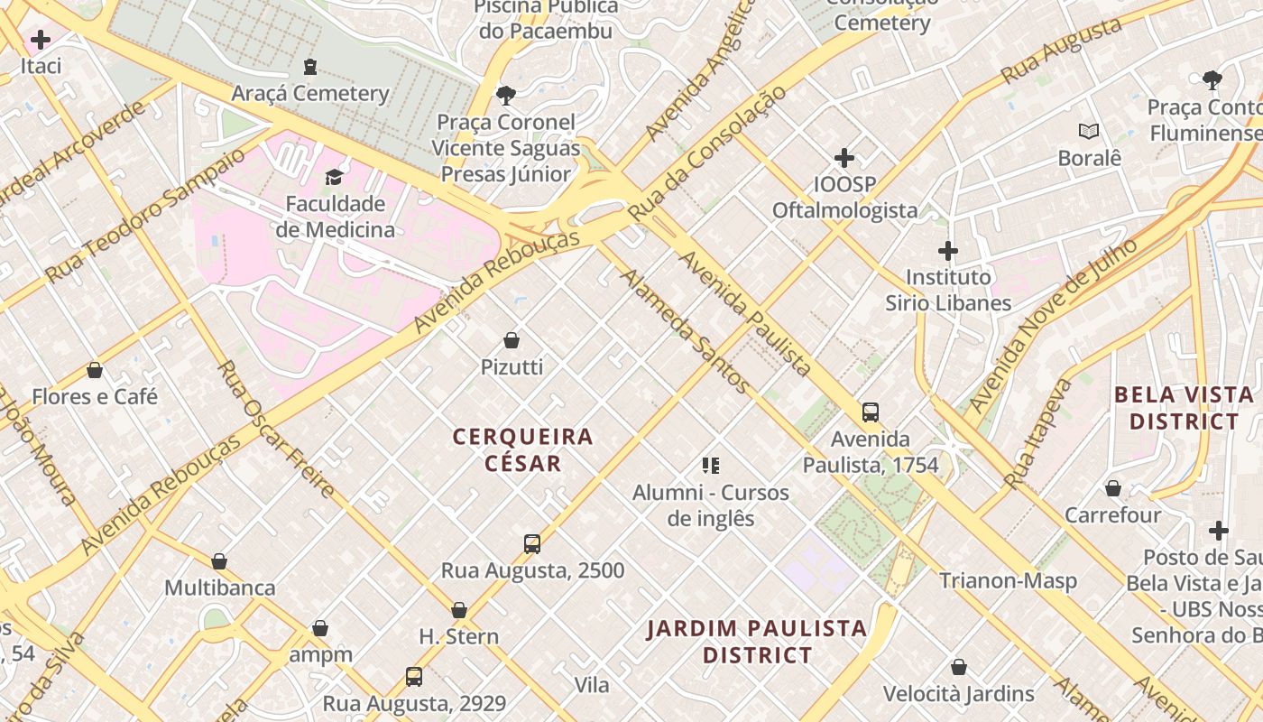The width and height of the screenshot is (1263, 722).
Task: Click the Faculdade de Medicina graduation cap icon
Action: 335,177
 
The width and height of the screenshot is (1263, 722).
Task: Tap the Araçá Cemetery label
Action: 310,93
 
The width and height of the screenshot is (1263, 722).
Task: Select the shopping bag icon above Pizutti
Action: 512,340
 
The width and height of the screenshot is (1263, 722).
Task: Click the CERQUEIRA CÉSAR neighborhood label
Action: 523,449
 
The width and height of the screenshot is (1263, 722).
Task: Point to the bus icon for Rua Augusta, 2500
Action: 532,544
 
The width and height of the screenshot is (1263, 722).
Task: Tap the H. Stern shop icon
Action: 459,611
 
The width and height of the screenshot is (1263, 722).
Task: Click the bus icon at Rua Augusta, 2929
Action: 414,676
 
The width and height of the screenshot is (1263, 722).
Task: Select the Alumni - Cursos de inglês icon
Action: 711,466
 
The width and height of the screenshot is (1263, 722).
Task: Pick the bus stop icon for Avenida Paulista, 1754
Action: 871,412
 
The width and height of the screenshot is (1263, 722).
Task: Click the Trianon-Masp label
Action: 1009,580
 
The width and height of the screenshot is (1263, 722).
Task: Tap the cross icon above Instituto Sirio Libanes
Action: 948,251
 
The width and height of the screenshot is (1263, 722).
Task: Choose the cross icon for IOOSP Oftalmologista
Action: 844,159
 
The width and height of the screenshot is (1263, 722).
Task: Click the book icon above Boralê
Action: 1090,132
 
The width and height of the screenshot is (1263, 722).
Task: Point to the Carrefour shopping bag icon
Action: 1113,488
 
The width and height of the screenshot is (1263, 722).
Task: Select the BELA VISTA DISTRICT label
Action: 1184,408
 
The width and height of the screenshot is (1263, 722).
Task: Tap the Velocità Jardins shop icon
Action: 959,667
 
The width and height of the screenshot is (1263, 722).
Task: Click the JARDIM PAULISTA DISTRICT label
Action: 757,641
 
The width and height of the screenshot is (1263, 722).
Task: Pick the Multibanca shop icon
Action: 219,561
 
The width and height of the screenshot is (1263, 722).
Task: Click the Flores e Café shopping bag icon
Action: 95,370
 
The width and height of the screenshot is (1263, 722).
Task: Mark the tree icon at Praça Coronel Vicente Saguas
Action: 506,95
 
